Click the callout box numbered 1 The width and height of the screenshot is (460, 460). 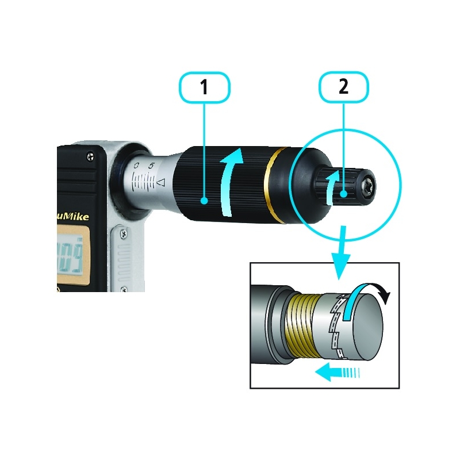point(204,87)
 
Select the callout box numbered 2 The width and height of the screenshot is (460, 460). point(343,87)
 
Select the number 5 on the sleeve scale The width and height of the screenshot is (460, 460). point(151,166)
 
